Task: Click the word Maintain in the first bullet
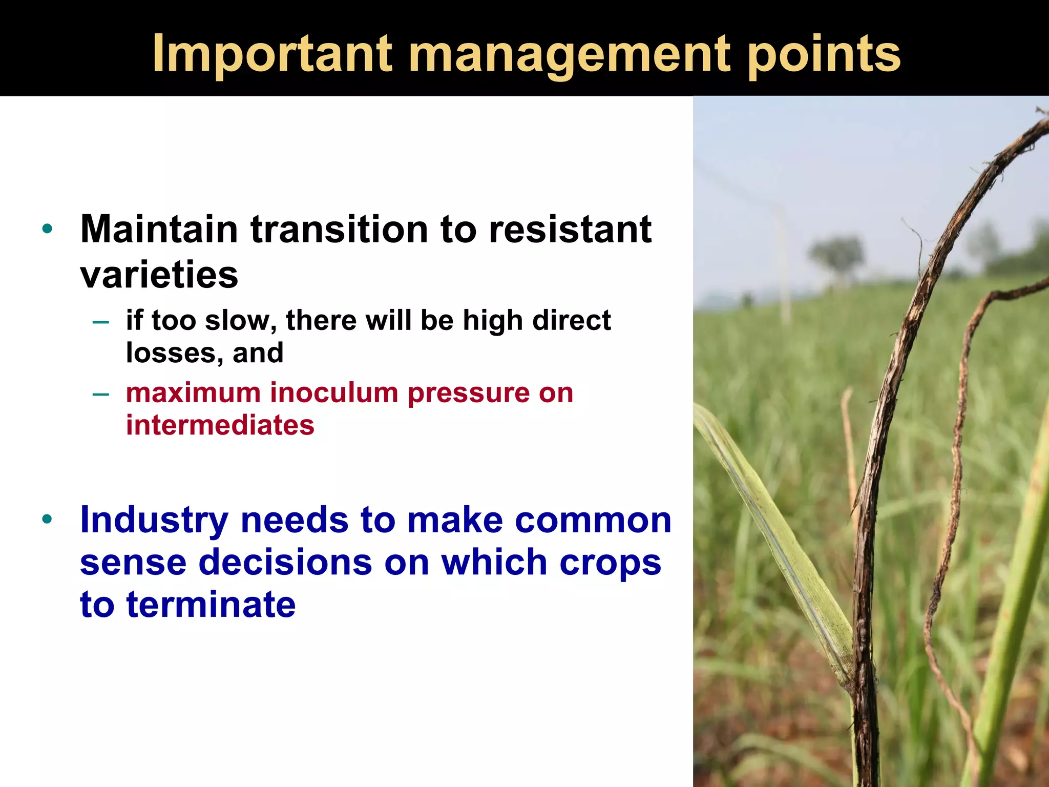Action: coord(159,229)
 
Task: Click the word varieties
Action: coord(159,275)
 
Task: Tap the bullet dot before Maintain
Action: coord(48,229)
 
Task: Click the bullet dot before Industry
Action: coord(48,520)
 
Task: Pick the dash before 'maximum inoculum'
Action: coord(101,394)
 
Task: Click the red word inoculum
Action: coord(334,393)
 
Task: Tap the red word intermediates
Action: coord(220,425)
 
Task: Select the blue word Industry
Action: coord(154,521)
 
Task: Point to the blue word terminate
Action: coord(211,605)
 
